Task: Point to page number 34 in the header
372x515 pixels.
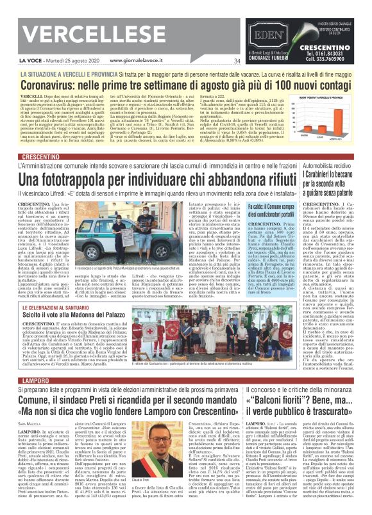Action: pyautogui.click(x=237, y=61)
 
